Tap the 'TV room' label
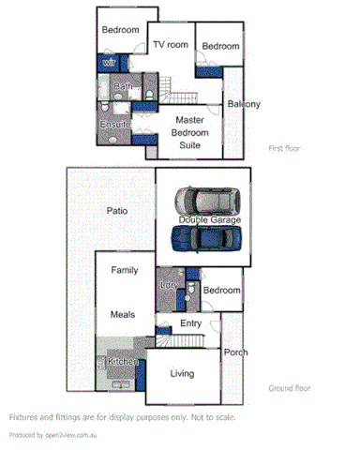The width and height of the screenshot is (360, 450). [171, 45]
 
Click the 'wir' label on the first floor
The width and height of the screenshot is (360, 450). [110, 63]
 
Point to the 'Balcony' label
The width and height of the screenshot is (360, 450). [242, 104]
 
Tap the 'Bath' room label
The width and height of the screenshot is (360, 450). [123, 86]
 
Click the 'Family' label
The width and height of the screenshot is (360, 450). [125, 271]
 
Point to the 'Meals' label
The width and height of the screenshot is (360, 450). [124, 315]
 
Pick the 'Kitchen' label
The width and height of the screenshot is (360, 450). [123, 361]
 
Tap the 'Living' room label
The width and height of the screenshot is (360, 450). [182, 374]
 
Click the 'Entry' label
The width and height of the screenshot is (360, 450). [190, 323]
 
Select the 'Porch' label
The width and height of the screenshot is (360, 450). [235, 352]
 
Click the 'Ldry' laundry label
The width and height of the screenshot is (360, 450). [169, 285]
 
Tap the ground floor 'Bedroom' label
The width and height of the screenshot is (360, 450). [221, 291]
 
